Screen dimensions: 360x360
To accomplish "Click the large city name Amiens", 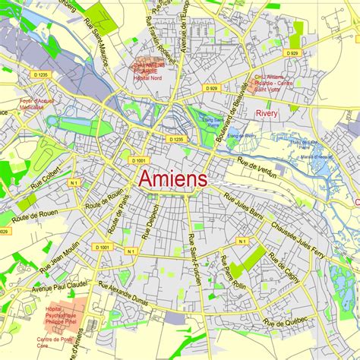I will (x=172, y=179).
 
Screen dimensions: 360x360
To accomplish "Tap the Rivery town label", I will (x=267, y=113).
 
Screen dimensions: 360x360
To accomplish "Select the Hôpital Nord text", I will (x=148, y=78).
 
